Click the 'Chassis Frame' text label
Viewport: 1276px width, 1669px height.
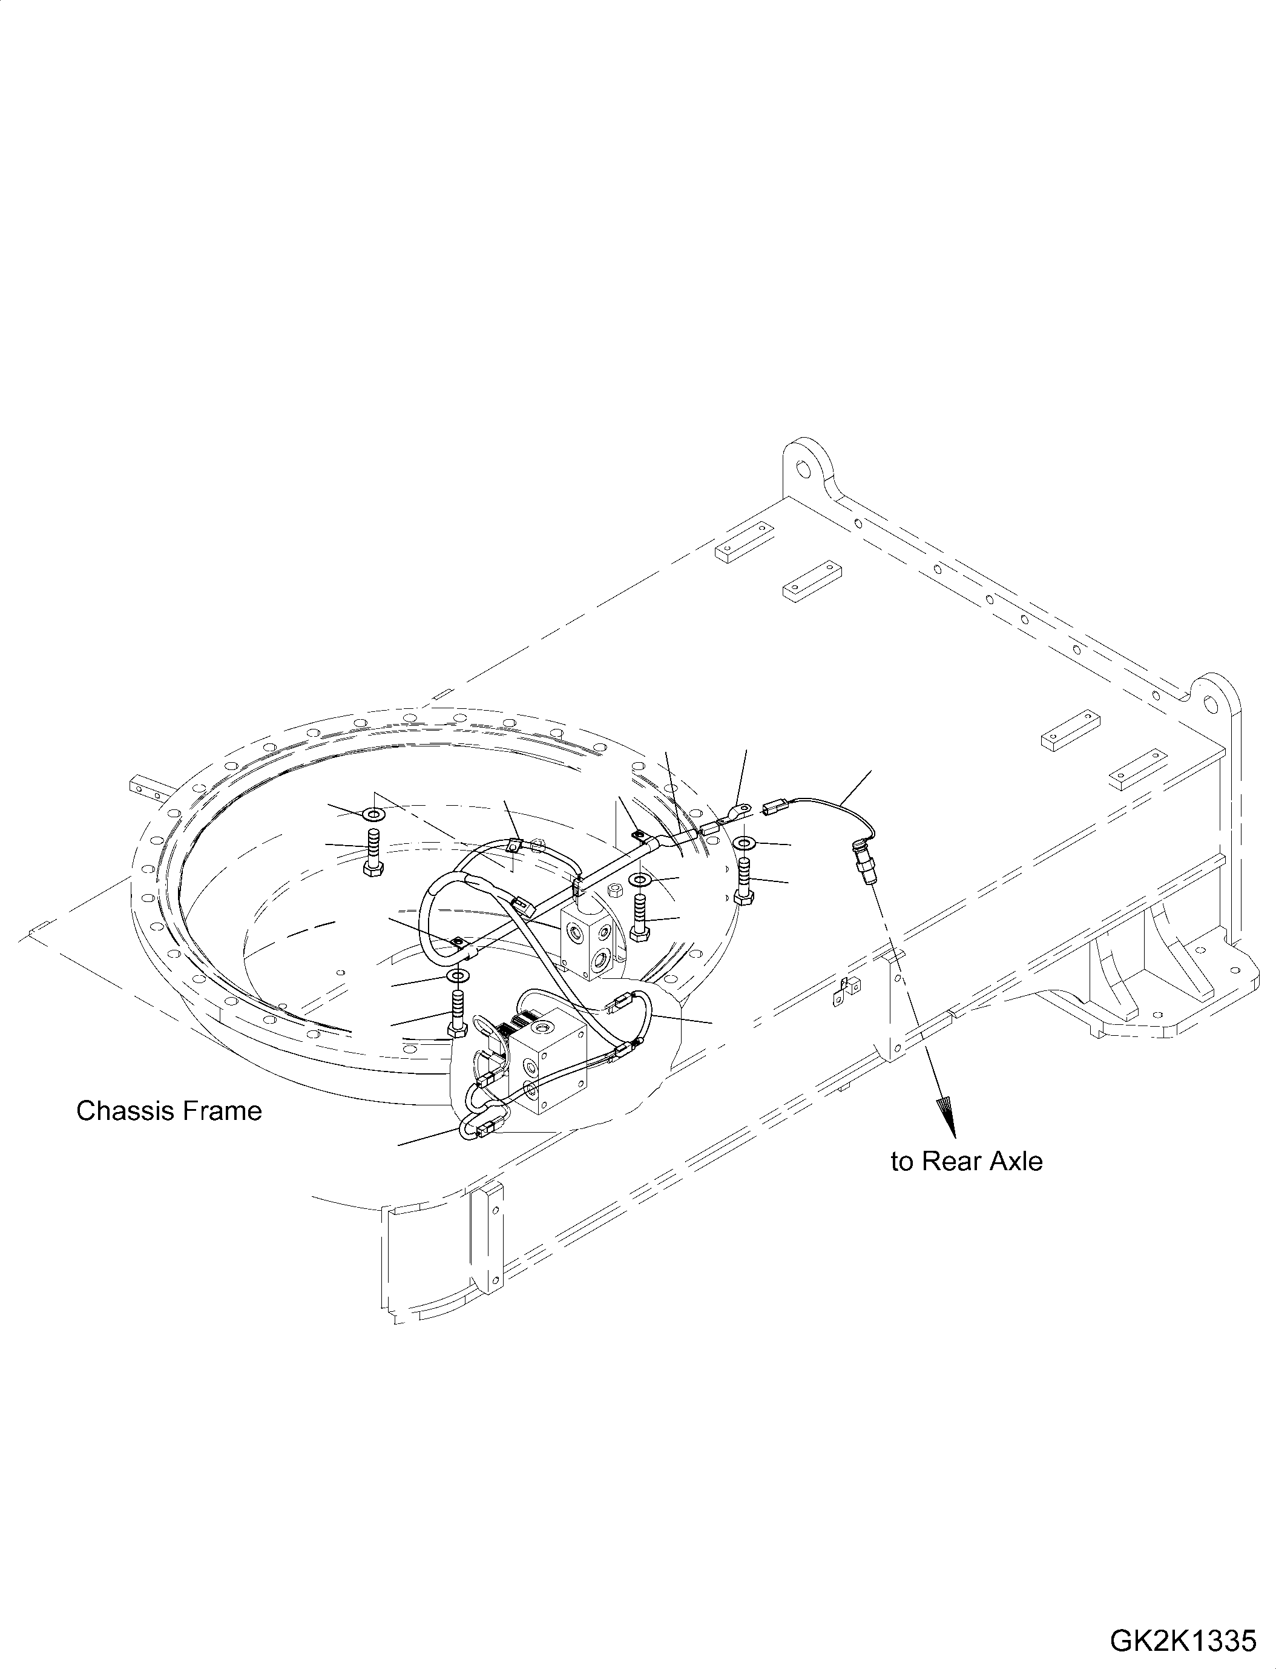(x=169, y=1111)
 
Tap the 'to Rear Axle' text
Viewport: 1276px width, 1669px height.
(x=966, y=1183)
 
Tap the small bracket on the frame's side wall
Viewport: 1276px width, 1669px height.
(x=847, y=987)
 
